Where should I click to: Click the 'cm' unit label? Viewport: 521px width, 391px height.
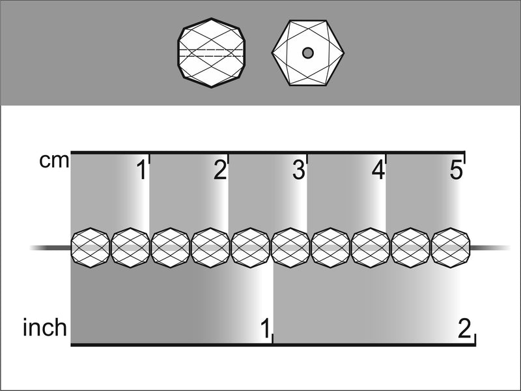pos(54,161)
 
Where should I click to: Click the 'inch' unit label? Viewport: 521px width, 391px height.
pos(45,328)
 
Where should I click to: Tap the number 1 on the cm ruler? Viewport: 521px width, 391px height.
pos(142,170)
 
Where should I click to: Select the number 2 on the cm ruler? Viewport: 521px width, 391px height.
pos(220,170)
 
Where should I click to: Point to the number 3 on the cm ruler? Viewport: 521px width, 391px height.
pos(299,170)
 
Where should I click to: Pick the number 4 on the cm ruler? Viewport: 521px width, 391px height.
pos(378,170)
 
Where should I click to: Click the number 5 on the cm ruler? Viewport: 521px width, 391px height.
pos(457,170)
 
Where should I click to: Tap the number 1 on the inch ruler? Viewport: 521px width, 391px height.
pos(265,328)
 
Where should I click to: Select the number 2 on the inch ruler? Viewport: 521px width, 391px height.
pos(464,328)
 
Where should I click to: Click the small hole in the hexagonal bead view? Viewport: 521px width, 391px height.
pos(308,53)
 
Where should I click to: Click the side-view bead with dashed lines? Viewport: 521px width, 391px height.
pos(211,53)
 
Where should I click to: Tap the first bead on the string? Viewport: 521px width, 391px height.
pos(91,248)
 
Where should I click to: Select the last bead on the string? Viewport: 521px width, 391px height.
pos(451,248)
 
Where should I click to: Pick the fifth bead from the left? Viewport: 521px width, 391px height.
pos(251,248)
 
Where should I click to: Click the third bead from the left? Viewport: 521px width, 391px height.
pos(171,248)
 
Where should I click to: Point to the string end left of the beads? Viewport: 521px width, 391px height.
pos(50,248)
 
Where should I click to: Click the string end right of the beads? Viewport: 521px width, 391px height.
pos(490,248)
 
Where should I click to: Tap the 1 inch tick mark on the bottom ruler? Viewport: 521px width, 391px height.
pos(273,338)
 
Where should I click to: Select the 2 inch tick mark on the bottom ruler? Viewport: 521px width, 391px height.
pos(475,339)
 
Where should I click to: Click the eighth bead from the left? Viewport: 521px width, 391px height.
pos(371,248)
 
